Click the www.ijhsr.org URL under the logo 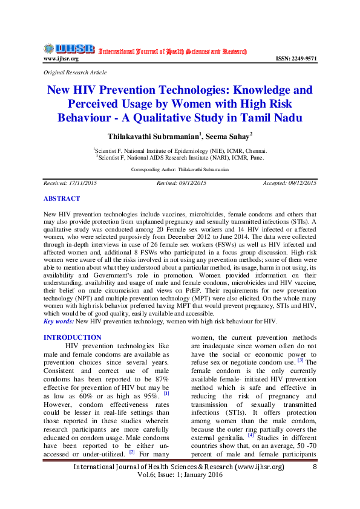(x=61, y=59)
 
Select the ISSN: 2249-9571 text (x=296, y=59)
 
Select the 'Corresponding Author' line (x=180, y=170)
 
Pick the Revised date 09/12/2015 (x=181, y=182)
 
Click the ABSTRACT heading (x=61, y=198)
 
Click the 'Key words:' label (x=59, y=321)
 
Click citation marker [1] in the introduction (x=165, y=393)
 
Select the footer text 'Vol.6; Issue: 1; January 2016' (x=179, y=476)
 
